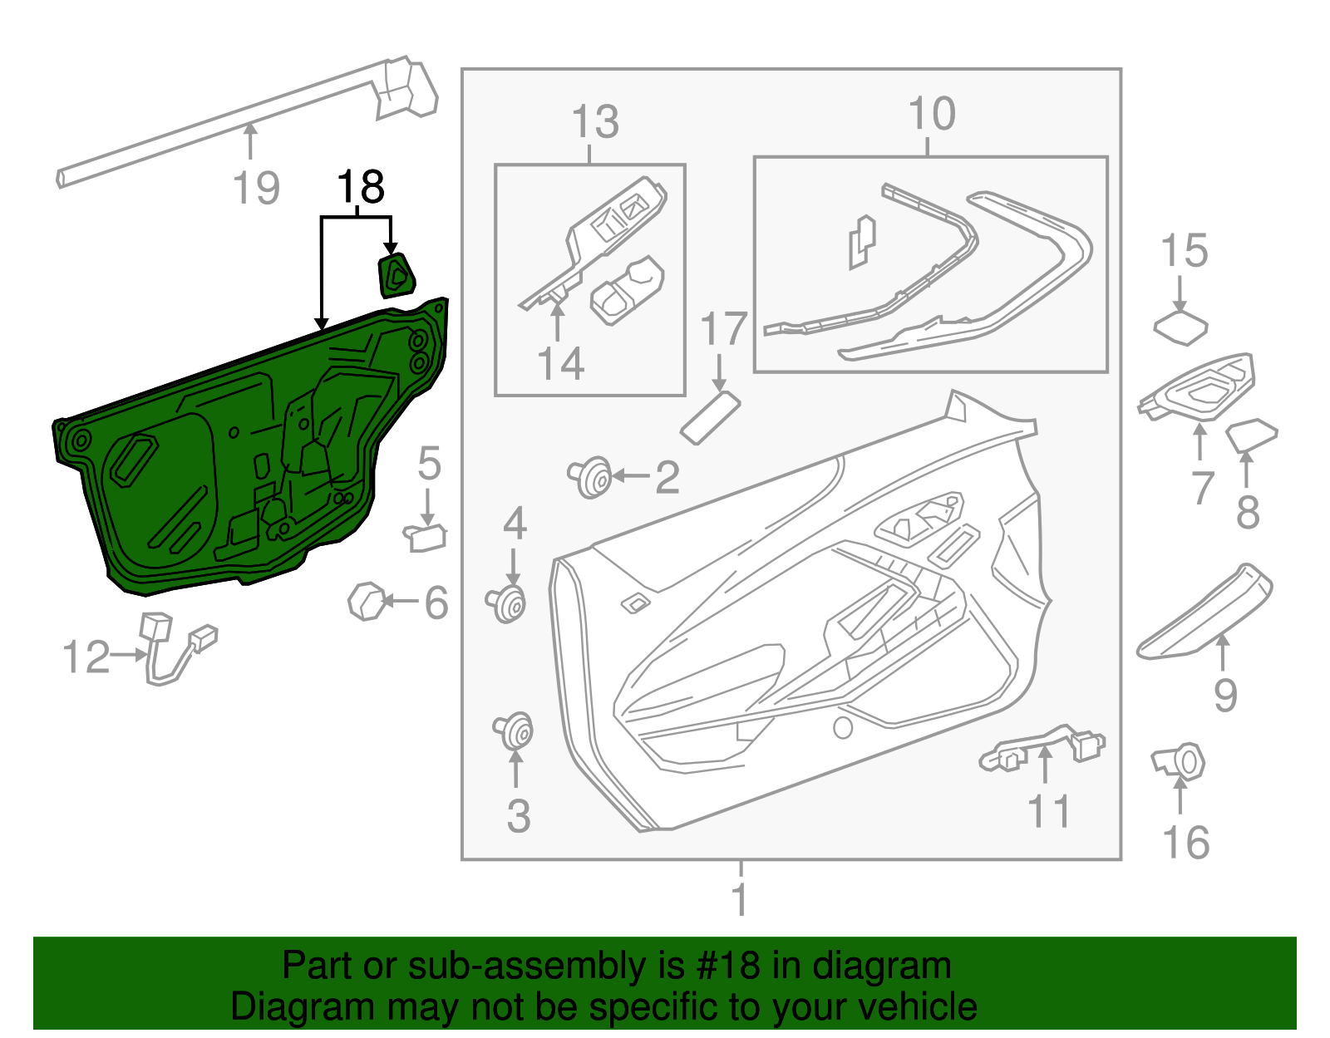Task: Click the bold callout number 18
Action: tap(361, 188)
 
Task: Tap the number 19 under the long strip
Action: tap(256, 188)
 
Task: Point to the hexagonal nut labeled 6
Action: tap(366, 601)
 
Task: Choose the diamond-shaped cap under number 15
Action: tap(1180, 328)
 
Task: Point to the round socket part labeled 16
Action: tap(1182, 762)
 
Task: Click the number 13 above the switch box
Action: tap(595, 122)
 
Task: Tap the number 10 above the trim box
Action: tap(932, 114)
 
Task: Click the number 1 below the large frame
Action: tap(739, 899)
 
